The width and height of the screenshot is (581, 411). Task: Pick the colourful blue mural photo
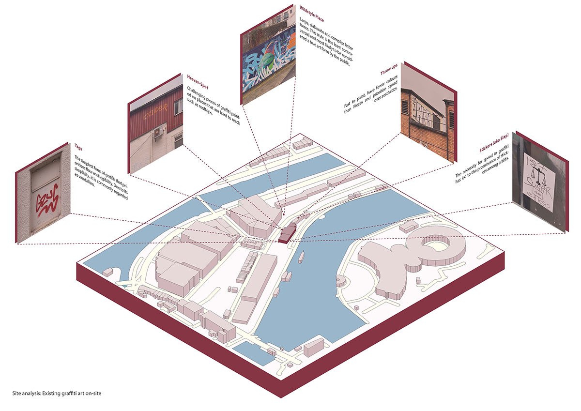268,59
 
